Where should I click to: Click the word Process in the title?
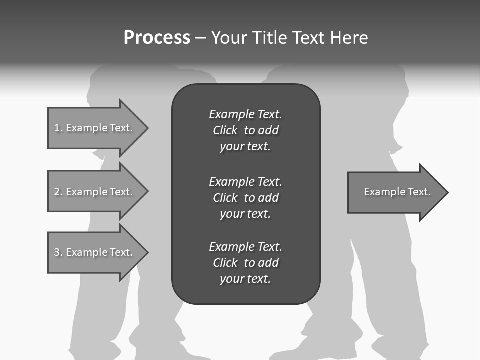pos(157,38)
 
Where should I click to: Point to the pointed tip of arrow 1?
pos(147,128)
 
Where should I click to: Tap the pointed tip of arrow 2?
pos(147,191)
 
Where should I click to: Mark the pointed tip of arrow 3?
pos(147,252)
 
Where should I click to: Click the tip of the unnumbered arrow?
pos(447,192)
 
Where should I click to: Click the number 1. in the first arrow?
pos(58,128)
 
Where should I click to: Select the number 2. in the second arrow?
pos(58,192)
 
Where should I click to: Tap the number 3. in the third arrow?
pos(58,252)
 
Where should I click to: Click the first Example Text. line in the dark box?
pos(245,114)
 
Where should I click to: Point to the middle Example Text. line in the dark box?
pos(245,182)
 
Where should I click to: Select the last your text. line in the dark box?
pos(245,279)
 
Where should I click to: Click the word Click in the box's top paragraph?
pos(225,130)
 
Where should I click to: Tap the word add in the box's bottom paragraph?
pos(268,263)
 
